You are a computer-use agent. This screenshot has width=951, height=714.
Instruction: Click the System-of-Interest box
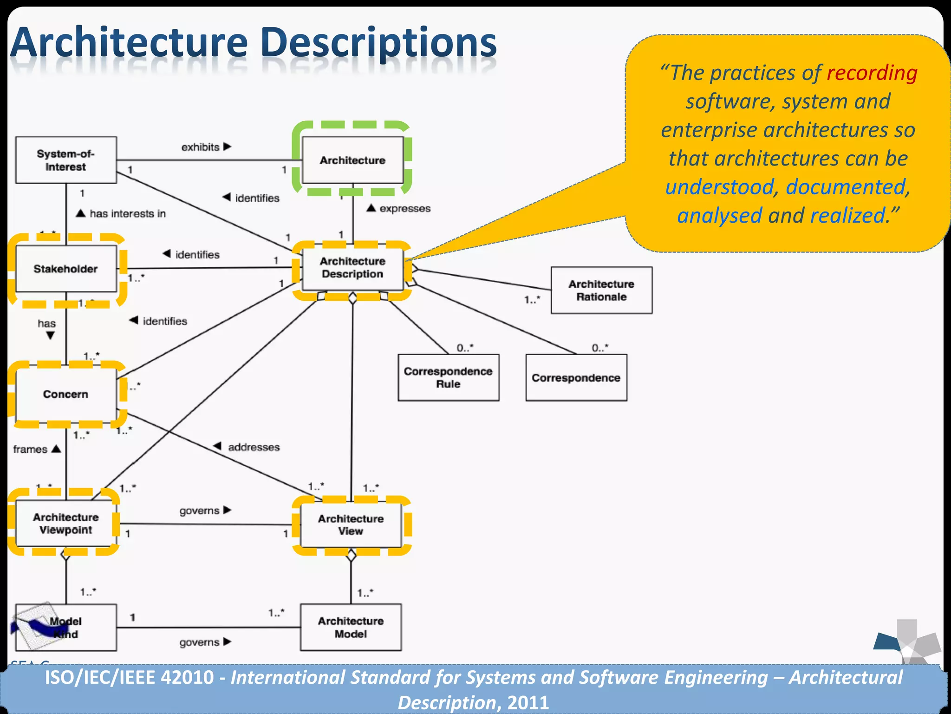click(65, 160)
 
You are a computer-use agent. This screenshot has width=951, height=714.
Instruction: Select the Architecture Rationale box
click(601, 290)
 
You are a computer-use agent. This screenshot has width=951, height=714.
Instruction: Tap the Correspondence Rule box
click(448, 377)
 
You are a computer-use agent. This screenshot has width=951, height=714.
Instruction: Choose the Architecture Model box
click(351, 627)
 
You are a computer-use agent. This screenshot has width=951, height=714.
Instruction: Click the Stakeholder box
click(65, 269)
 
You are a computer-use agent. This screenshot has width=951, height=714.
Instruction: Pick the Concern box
click(65, 394)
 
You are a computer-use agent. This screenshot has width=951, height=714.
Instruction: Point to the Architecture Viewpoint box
click(65, 523)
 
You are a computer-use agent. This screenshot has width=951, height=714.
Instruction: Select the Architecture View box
click(351, 524)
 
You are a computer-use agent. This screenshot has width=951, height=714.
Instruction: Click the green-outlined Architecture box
click(352, 160)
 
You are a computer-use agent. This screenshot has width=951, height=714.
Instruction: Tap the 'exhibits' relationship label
click(201, 147)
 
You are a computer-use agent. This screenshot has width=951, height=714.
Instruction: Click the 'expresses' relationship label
click(404, 208)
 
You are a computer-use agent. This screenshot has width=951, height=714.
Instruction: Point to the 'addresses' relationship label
click(254, 447)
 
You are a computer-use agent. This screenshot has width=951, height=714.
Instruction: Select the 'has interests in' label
click(127, 213)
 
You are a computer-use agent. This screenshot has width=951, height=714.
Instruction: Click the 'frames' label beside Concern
click(30, 449)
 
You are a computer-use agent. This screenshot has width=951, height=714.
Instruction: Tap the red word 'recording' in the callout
click(872, 73)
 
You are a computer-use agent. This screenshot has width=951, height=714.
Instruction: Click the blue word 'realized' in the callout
click(847, 216)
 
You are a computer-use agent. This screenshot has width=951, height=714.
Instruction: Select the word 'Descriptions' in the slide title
click(378, 43)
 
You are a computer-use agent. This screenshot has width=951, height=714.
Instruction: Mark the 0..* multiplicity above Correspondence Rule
click(465, 348)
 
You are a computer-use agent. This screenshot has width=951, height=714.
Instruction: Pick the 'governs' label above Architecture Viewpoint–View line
click(199, 510)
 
